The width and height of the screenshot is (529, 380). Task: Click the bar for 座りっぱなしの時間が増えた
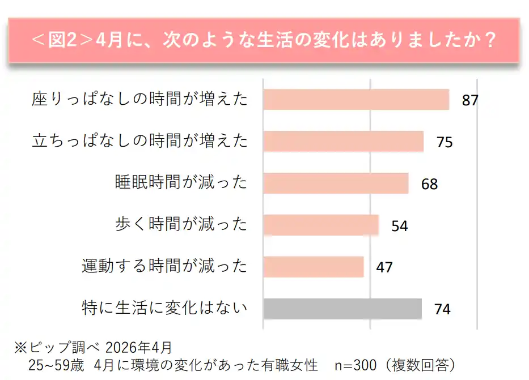356,100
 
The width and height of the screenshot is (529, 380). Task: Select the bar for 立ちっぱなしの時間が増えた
343,142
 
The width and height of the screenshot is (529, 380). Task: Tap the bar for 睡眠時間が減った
336,183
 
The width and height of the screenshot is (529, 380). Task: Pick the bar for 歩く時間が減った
321,225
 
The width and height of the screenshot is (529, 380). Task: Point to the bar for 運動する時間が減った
314,267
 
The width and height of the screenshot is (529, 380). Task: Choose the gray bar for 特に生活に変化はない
342,309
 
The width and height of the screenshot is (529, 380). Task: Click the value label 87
470,101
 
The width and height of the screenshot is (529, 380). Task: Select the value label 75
445,142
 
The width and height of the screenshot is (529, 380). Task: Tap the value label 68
430,184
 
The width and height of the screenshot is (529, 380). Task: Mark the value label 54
400,226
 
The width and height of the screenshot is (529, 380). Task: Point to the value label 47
384,267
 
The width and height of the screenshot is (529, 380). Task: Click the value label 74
442,309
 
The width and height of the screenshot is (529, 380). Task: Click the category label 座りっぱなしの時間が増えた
140,100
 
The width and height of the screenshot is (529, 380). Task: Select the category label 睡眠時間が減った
181,183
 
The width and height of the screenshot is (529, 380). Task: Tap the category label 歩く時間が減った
181,225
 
